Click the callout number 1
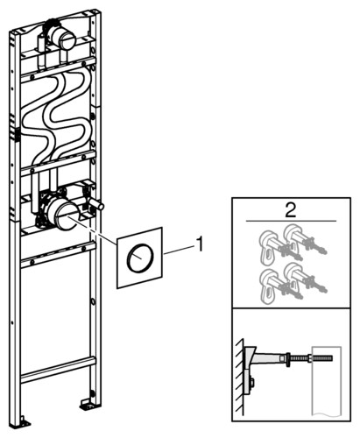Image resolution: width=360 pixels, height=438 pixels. [200, 244]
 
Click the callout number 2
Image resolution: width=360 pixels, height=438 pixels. [291, 209]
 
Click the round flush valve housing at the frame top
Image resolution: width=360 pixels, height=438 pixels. [67, 38]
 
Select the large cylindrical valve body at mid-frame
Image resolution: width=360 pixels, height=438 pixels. [63, 213]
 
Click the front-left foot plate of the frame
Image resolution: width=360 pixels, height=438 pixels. [24, 423]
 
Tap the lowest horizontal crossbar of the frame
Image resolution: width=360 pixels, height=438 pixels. [58, 370]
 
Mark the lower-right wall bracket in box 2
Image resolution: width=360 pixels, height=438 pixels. [304, 278]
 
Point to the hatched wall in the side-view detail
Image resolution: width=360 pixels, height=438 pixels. [240, 377]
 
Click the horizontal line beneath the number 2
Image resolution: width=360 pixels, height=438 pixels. [291, 221]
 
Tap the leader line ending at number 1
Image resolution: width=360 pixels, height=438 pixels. [180, 251]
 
